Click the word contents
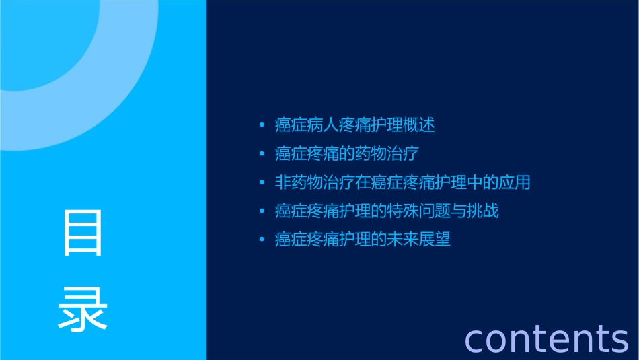pyautogui.click(x=546, y=338)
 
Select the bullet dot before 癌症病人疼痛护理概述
pyautogui.click(x=262, y=125)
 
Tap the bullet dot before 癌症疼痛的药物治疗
pyautogui.click(x=262, y=154)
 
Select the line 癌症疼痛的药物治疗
pyautogui.click(x=347, y=154)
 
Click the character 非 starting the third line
pyautogui.click(x=283, y=182)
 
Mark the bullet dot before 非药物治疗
pyautogui.click(x=262, y=182)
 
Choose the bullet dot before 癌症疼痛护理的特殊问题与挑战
pyautogui.click(x=262, y=211)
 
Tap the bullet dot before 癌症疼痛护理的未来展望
pyautogui.click(x=262, y=240)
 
